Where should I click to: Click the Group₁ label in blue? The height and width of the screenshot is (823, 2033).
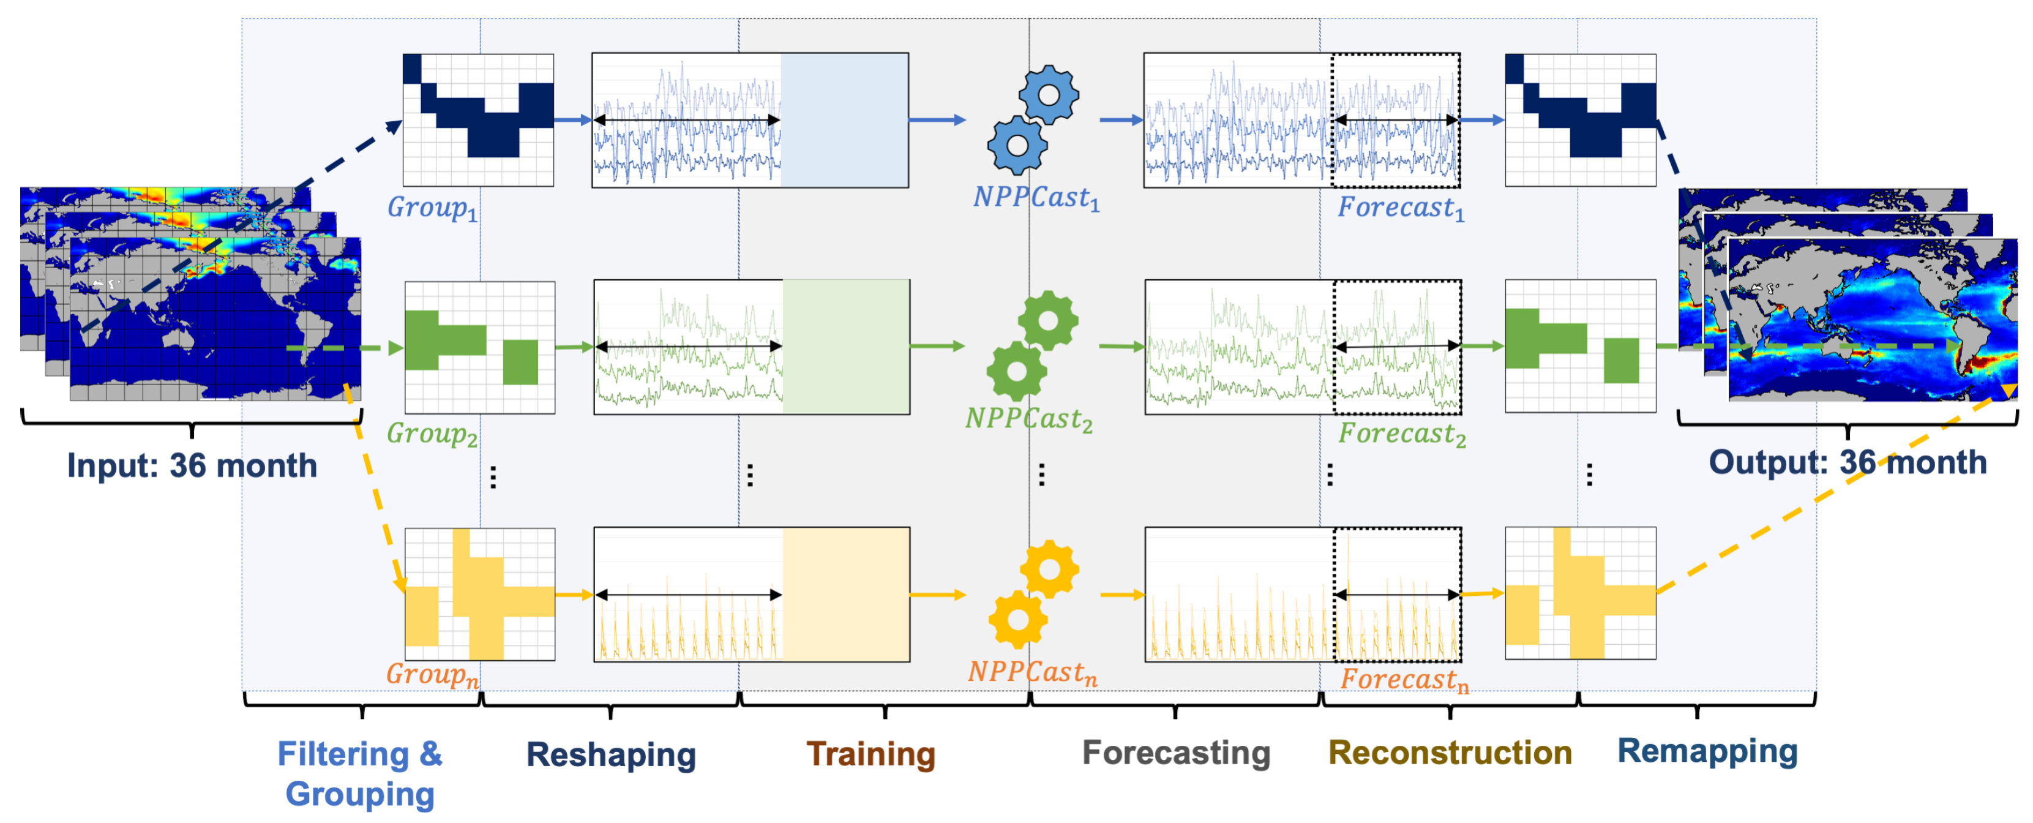pyautogui.click(x=432, y=208)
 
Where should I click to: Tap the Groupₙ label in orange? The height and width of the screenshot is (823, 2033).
pyautogui.click(x=432, y=675)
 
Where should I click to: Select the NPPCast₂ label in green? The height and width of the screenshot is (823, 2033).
pyautogui.click(x=1028, y=419)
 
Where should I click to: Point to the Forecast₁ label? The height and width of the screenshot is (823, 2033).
pyautogui.click(x=1400, y=208)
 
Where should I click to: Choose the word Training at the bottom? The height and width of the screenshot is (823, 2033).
pyautogui.click(x=870, y=754)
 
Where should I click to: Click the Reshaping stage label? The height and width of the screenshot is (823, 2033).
pyautogui.click(x=611, y=754)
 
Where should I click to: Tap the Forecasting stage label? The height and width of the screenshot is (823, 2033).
pyautogui.click(x=1176, y=753)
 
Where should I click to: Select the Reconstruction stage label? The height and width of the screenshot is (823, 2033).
pyautogui.click(x=1450, y=753)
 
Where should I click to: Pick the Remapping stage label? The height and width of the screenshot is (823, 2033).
pyautogui.click(x=1707, y=750)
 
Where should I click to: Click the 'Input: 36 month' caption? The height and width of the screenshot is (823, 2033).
pyautogui.click(x=192, y=465)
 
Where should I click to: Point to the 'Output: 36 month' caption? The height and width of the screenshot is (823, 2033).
pyautogui.click(x=1847, y=462)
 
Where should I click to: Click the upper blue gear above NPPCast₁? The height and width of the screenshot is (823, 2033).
pyautogui.click(x=1048, y=96)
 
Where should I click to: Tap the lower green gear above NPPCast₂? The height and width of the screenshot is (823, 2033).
pyautogui.click(x=1016, y=372)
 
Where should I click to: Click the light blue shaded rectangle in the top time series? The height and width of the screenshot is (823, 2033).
pyautogui.click(x=844, y=120)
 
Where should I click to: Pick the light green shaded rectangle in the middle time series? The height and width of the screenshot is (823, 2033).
pyautogui.click(x=845, y=347)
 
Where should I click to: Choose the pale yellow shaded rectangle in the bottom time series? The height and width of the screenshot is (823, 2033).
pyautogui.click(x=845, y=594)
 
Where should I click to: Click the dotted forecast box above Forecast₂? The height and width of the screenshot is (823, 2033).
pyautogui.click(x=1397, y=347)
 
